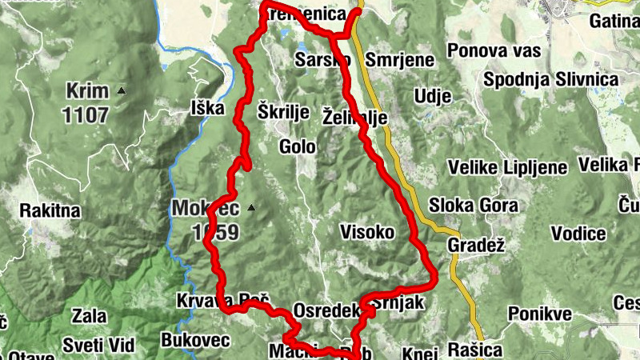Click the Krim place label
point(86,90)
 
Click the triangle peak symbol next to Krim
point(122,90)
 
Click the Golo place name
point(297,146)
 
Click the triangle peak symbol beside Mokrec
point(251,208)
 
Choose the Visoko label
point(367,232)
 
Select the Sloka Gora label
point(474,205)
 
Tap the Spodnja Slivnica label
point(551,80)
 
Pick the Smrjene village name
point(399,60)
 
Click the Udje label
point(433,97)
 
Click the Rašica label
point(475,350)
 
